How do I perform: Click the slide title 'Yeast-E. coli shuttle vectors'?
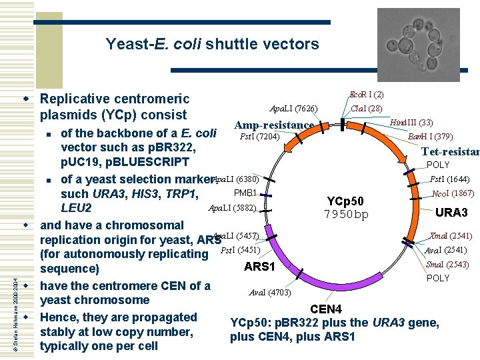212,45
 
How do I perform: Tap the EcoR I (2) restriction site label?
366,95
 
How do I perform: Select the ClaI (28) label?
366,109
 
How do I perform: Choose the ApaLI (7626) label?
293,109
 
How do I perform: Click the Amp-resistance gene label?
274,125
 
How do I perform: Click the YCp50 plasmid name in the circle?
345,201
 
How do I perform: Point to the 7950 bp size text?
346,214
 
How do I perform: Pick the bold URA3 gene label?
451,213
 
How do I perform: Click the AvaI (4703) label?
269,292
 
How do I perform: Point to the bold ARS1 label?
261,267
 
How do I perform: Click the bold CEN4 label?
326,309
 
